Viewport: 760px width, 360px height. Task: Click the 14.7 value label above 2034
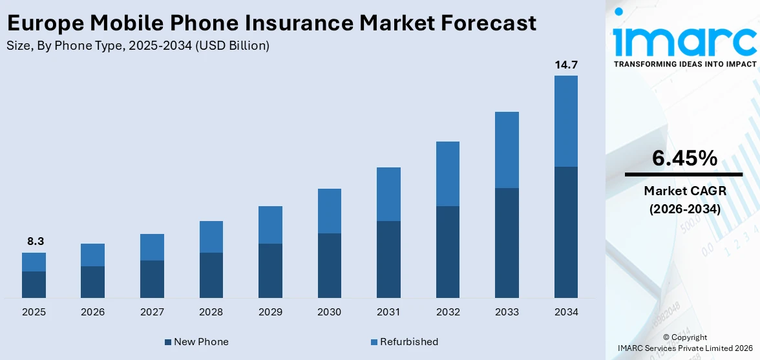[x=565, y=65]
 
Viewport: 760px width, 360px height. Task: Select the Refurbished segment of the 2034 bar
[x=565, y=121]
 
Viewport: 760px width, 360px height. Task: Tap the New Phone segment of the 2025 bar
[x=34, y=284]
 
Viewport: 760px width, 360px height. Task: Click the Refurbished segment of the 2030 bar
[x=329, y=211]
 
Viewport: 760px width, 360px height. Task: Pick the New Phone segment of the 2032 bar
[x=447, y=252]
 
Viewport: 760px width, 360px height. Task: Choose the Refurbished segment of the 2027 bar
[x=152, y=247]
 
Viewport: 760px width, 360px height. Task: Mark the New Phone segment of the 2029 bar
[x=270, y=271]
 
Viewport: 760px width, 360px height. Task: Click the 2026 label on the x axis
[x=92, y=312]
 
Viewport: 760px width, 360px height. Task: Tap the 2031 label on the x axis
[x=388, y=312]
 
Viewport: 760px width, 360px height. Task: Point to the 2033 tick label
[x=507, y=312]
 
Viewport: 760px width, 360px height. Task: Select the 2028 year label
[x=211, y=312]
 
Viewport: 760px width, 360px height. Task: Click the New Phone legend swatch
[x=168, y=342]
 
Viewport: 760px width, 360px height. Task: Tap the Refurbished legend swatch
[x=374, y=342]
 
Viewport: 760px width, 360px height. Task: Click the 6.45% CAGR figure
[x=684, y=158]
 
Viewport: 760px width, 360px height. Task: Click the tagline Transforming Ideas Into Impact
[x=684, y=64]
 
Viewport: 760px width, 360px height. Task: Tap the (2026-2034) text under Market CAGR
[x=684, y=209]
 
